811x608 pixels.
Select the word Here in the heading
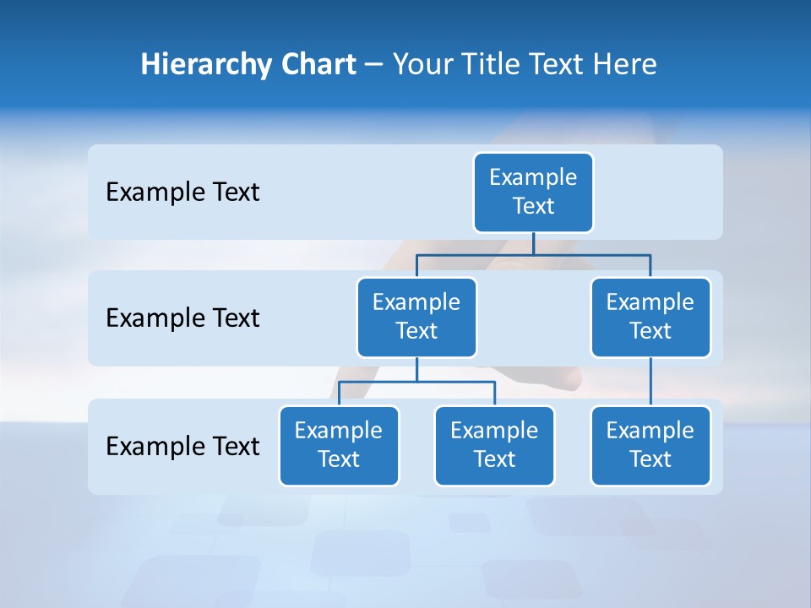626,64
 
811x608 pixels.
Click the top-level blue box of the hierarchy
533,192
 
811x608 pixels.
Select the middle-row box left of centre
416,317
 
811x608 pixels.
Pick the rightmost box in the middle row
650,317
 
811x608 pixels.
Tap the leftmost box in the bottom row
339,445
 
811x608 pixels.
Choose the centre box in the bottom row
494,445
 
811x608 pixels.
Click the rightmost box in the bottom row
650,445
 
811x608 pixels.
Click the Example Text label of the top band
182,193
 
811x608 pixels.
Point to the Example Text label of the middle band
182,318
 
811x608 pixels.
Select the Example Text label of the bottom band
182,446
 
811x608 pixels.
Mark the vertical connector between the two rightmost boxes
650,382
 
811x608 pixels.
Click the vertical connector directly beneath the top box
533,243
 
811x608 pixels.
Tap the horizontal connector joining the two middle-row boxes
533,254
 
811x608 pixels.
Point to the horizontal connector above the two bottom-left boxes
416,382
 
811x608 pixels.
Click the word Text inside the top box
533,206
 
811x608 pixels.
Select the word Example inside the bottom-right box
650,431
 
